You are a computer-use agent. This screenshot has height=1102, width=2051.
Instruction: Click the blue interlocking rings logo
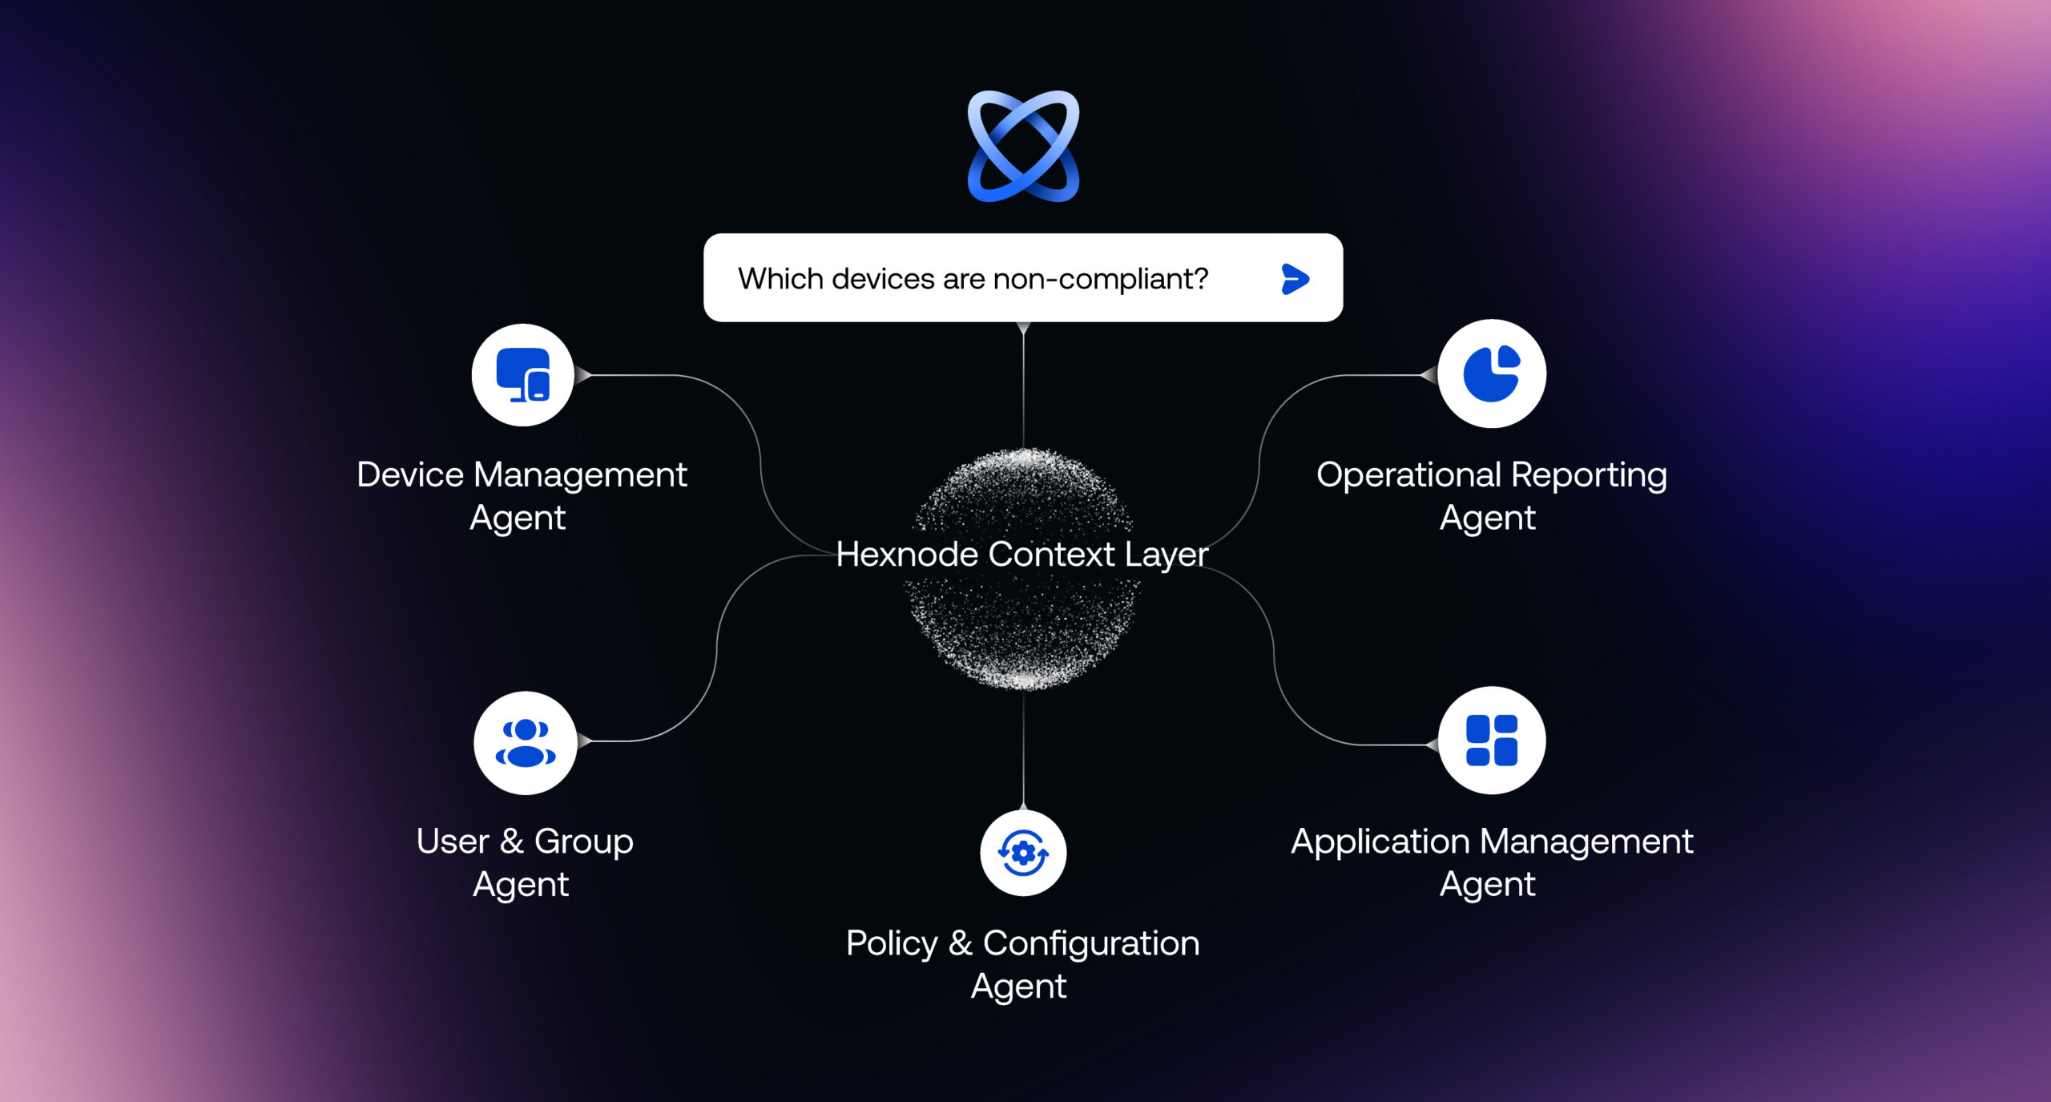[1023, 146]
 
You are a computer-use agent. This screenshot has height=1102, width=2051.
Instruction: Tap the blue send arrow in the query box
[1295, 279]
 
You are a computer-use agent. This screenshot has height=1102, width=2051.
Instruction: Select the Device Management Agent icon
[522, 374]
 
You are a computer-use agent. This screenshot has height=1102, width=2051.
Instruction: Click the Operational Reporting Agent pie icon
[1492, 373]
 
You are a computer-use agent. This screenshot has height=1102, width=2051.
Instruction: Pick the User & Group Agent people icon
[525, 743]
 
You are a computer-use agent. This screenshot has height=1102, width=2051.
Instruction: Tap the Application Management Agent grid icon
[1492, 741]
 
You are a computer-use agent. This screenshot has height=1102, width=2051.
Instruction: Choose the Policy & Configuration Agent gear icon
[1023, 853]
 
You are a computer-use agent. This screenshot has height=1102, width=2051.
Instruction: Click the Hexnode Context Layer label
[1022, 554]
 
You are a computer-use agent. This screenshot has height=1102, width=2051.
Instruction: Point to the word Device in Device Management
[410, 474]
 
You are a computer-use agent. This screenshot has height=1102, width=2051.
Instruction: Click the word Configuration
[1091, 944]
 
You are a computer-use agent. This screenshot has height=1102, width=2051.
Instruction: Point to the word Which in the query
[780, 279]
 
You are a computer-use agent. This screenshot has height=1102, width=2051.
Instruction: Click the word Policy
[892, 944]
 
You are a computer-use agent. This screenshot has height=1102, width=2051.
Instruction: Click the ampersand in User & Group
[512, 842]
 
